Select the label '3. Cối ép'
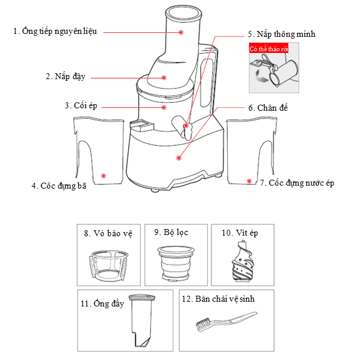80,106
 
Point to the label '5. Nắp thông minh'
281,35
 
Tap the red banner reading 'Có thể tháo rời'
268,49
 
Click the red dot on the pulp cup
103,176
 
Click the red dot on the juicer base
179,157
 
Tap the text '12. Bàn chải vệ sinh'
225,299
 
